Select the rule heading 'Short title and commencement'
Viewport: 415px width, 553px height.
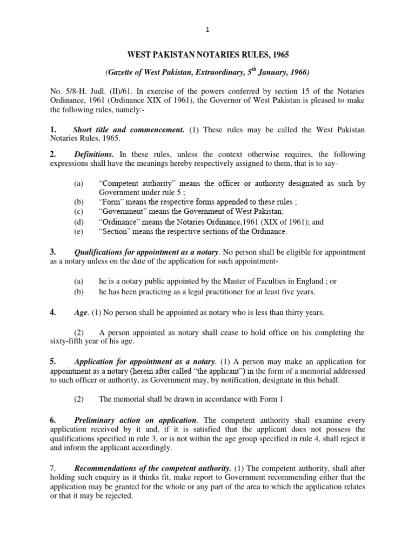click(x=129, y=130)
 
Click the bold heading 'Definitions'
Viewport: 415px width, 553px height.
click(x=94, y=154)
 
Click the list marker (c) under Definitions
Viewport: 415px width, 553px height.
click(x=79, y=212)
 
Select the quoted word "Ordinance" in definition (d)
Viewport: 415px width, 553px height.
click(x=118, y=222)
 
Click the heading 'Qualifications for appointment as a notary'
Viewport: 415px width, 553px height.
click(x=146, y=252)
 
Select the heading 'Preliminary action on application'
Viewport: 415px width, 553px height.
click(x=135, y=420)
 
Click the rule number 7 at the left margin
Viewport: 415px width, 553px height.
click(x=52, y=468)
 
